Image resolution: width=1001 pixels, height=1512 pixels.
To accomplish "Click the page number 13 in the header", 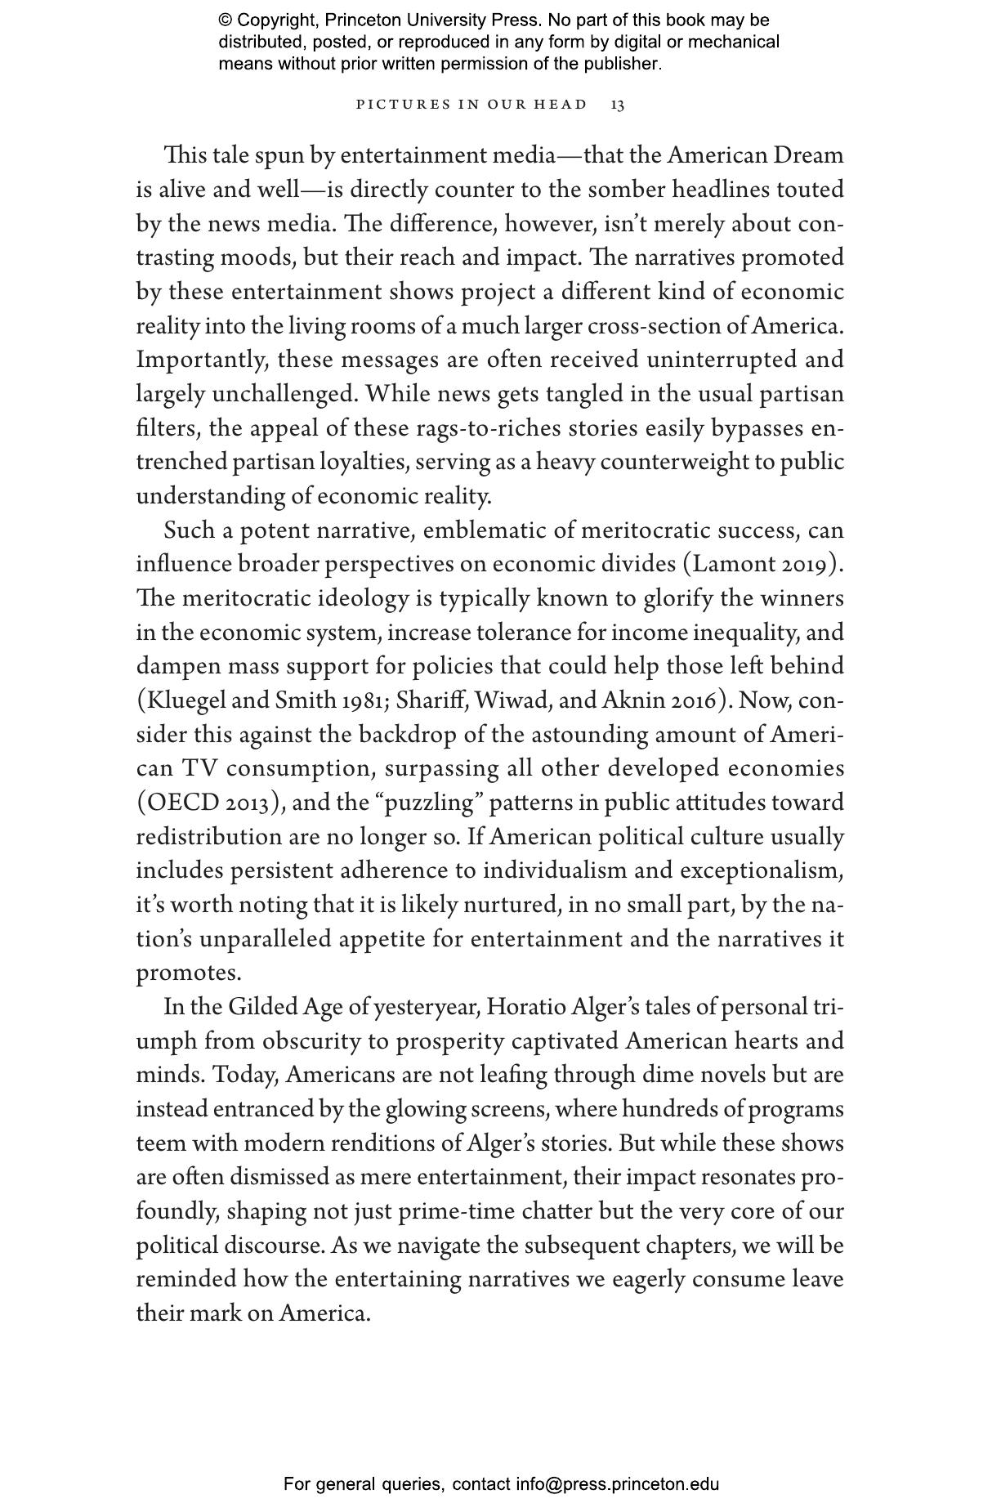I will point(618,105).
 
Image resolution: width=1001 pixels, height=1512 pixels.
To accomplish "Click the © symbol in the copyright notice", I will point(226,20).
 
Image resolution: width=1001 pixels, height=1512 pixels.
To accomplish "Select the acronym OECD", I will point(181,803).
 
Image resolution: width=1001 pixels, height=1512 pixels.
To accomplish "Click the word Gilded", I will point(262,1007).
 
